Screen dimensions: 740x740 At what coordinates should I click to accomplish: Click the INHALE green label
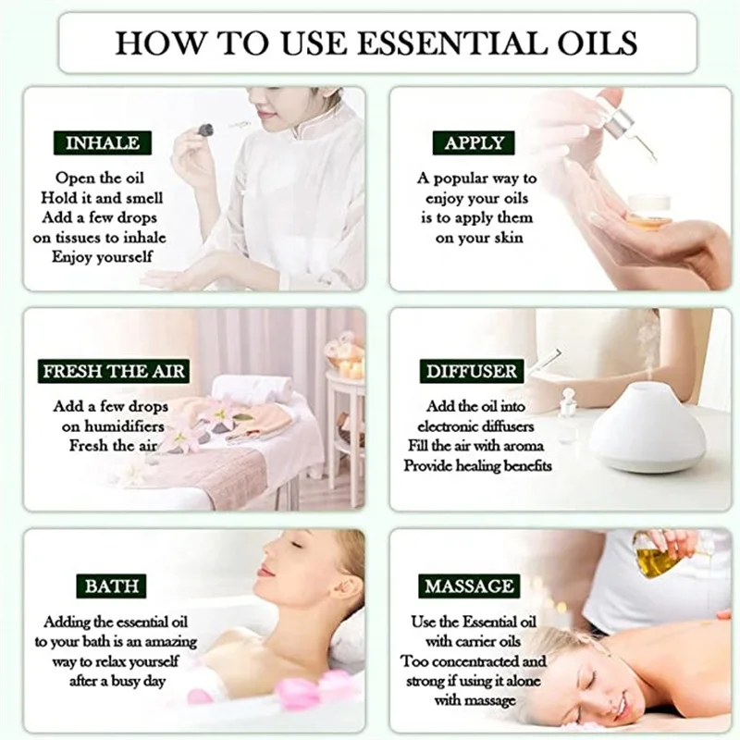click(x=103, y=142)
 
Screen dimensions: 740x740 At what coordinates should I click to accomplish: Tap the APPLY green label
click(x=474, y=142)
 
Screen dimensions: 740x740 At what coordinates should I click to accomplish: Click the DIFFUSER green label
click(x=472, y=372)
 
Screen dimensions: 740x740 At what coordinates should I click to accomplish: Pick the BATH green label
click(x=112, y=586)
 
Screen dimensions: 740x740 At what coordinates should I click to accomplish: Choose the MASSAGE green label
click(x=469, y=586)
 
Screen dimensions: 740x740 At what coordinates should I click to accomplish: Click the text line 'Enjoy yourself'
click(x=102, y=256)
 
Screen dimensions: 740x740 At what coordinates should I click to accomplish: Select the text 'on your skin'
click(x=479, y=238)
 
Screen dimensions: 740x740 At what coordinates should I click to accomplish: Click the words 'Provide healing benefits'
click(x=477, y=465)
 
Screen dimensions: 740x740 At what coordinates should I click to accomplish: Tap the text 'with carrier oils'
click(x=467, y=641)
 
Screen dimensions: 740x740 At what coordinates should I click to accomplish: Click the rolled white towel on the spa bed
click(x=250, y=388)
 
